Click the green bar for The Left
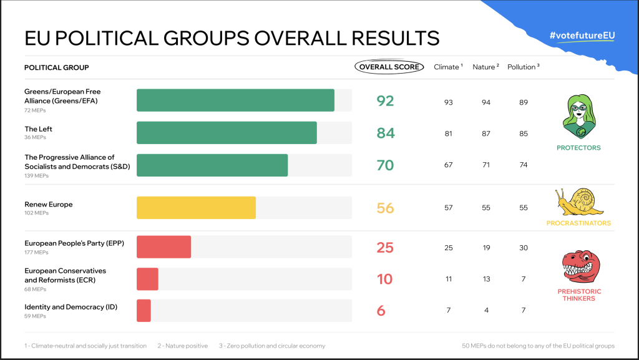[x=227, y=133]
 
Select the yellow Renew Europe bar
[x=196, y=208]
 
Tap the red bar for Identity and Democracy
[x=144, y=311]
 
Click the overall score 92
[x=385, y=100]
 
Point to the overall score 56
[x=385, y=208]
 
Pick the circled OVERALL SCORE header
[x=389, y=67]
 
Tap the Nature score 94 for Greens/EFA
[x=486, y=102]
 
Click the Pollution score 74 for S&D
[x=523, y=165]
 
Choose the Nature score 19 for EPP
[x=486, y=248]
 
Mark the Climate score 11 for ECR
[x=449, y=279]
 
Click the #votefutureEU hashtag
[x=582, y=36]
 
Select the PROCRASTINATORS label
[x=578, y=223]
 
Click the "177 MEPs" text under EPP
[x=36, y=253]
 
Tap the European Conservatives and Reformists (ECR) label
[x=65, y=275]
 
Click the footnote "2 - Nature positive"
[x=183, y=346]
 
